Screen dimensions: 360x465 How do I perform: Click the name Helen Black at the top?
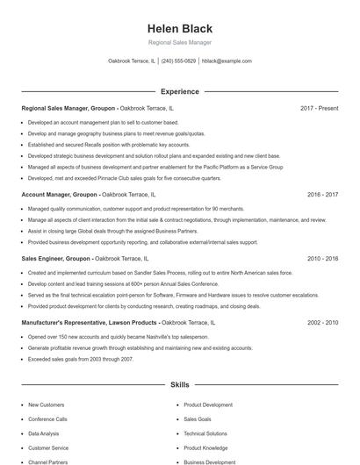[179, 27]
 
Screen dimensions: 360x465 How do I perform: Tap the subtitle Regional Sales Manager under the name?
[179, 42]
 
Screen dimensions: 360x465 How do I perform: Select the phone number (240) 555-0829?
[178, 61]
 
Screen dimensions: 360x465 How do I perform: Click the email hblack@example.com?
[227, 61]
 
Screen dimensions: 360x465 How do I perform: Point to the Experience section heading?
[179, 91]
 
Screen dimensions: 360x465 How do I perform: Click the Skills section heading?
[179, 385]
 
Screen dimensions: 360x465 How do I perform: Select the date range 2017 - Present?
[319, 108]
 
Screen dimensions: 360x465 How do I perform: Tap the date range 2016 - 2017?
[322, 194]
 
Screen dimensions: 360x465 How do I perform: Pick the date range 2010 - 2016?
[322, 259]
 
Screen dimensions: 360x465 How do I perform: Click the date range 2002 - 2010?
[322, 323]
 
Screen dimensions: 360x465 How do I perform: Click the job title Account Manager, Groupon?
[60, 194]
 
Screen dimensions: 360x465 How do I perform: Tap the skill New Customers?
[46, 405]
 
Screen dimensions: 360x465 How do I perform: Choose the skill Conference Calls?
[47, 419]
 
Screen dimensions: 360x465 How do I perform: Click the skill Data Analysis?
[43, 433]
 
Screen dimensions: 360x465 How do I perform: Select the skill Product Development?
[208, 405]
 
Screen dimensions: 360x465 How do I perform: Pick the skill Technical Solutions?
[205, 433]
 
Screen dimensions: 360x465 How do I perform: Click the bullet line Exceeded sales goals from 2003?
[80, 359]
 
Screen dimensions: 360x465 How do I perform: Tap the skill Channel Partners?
[47, 461]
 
